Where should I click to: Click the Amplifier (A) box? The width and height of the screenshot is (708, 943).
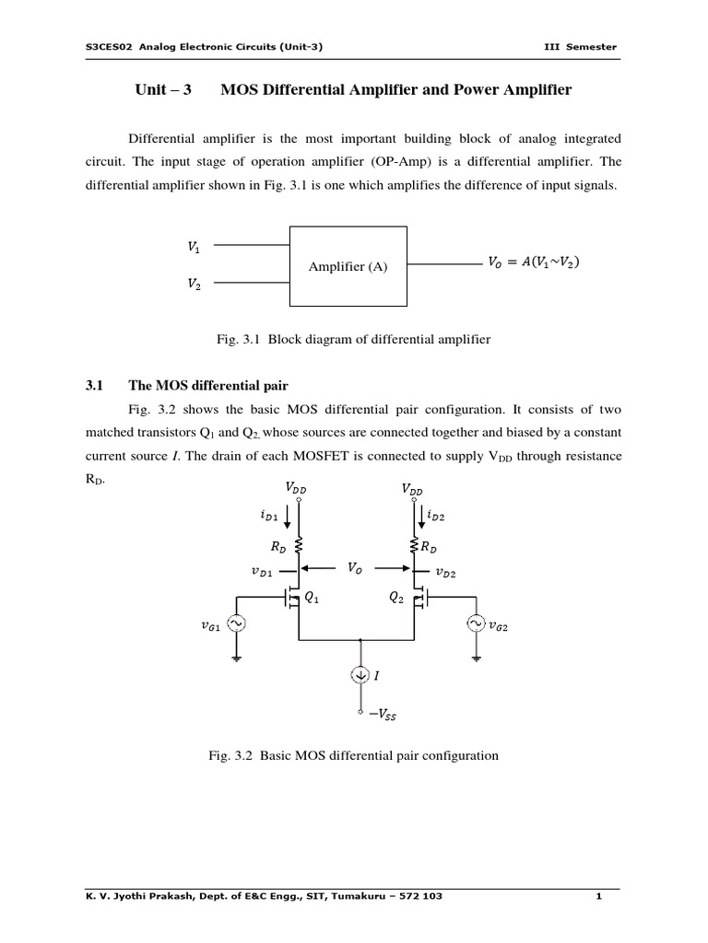[x=348, y=266]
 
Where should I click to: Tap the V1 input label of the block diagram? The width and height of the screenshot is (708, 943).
[x=193, y=247]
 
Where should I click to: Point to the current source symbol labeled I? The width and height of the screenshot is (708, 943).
[x=360, y=676]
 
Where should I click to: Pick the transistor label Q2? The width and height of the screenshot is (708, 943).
[x=396, y=597]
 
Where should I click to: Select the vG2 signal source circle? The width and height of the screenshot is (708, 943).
[x=478, y=625]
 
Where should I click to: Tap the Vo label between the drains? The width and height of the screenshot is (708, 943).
[x=355, y=569]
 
